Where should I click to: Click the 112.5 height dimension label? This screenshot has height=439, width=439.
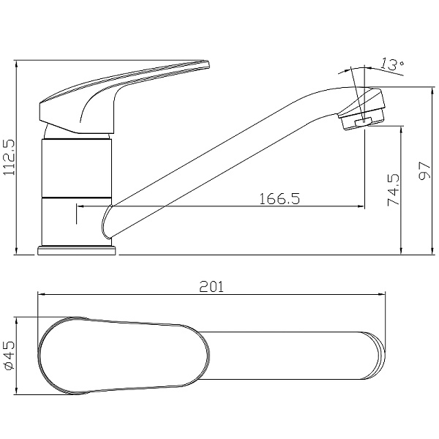coord(9,157)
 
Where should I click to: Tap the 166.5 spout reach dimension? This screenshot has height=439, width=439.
coord(279,198)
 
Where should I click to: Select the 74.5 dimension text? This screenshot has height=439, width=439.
coord(394,190)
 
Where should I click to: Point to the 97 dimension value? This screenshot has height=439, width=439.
coord(424,170)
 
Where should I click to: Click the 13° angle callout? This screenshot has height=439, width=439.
coord(393,64)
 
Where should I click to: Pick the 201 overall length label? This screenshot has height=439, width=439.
coord(211,287)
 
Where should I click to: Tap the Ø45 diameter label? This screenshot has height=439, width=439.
coord(10,356)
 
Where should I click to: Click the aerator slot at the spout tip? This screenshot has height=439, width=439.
coord(363,122)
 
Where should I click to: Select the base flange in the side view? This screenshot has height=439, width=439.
coord(77,250)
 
